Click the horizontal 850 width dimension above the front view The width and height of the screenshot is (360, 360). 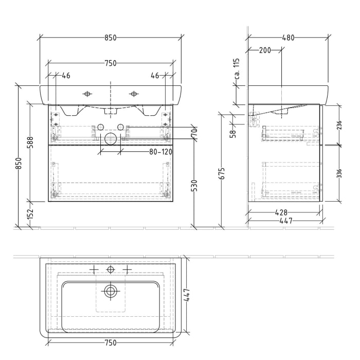click(x=111, y=38)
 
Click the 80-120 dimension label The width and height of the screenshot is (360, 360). click(x=160, y=152)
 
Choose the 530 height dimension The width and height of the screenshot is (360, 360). click(x=194, y=185)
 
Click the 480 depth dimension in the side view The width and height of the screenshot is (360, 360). click(x=288, y=38)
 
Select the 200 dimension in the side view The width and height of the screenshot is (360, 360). click(x=265, y=50)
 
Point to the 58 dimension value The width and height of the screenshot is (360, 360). click(x=233, y=133)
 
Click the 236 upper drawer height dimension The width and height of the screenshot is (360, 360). click(x=339, y=125)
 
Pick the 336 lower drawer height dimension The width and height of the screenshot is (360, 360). click(x=339, y=173)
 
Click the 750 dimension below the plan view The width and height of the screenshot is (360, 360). click(x=111, y=343)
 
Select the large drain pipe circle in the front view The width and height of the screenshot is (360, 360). click(x=111, y=138)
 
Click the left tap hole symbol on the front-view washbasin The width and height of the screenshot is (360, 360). click(x=87, y=94)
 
